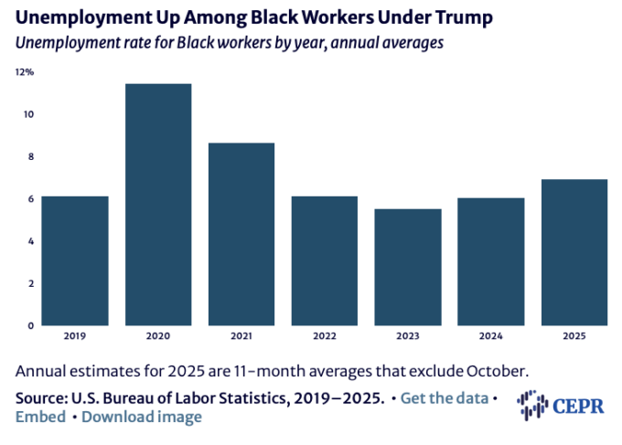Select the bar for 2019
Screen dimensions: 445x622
(75, 260)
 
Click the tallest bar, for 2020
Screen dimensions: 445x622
(158, 205)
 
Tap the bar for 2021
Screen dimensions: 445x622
(241, 234)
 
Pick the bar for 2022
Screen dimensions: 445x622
(325, 260)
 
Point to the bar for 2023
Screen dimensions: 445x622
(408, 267)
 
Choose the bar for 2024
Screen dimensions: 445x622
(491, 261)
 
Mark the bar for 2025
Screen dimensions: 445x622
(574, 252)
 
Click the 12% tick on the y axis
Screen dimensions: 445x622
(24, 72)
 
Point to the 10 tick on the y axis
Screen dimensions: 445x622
(28, 114)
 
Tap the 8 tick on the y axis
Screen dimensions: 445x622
(30, 156)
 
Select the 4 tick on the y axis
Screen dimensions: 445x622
(30, 241)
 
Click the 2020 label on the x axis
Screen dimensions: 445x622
(158, 336)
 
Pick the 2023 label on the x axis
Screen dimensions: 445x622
(408, 336)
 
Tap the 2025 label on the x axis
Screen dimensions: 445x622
(574, 336)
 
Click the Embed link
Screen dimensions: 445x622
(40, 417)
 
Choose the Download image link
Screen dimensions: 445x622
(142, 417)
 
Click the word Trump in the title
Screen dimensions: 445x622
(448, 18)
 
